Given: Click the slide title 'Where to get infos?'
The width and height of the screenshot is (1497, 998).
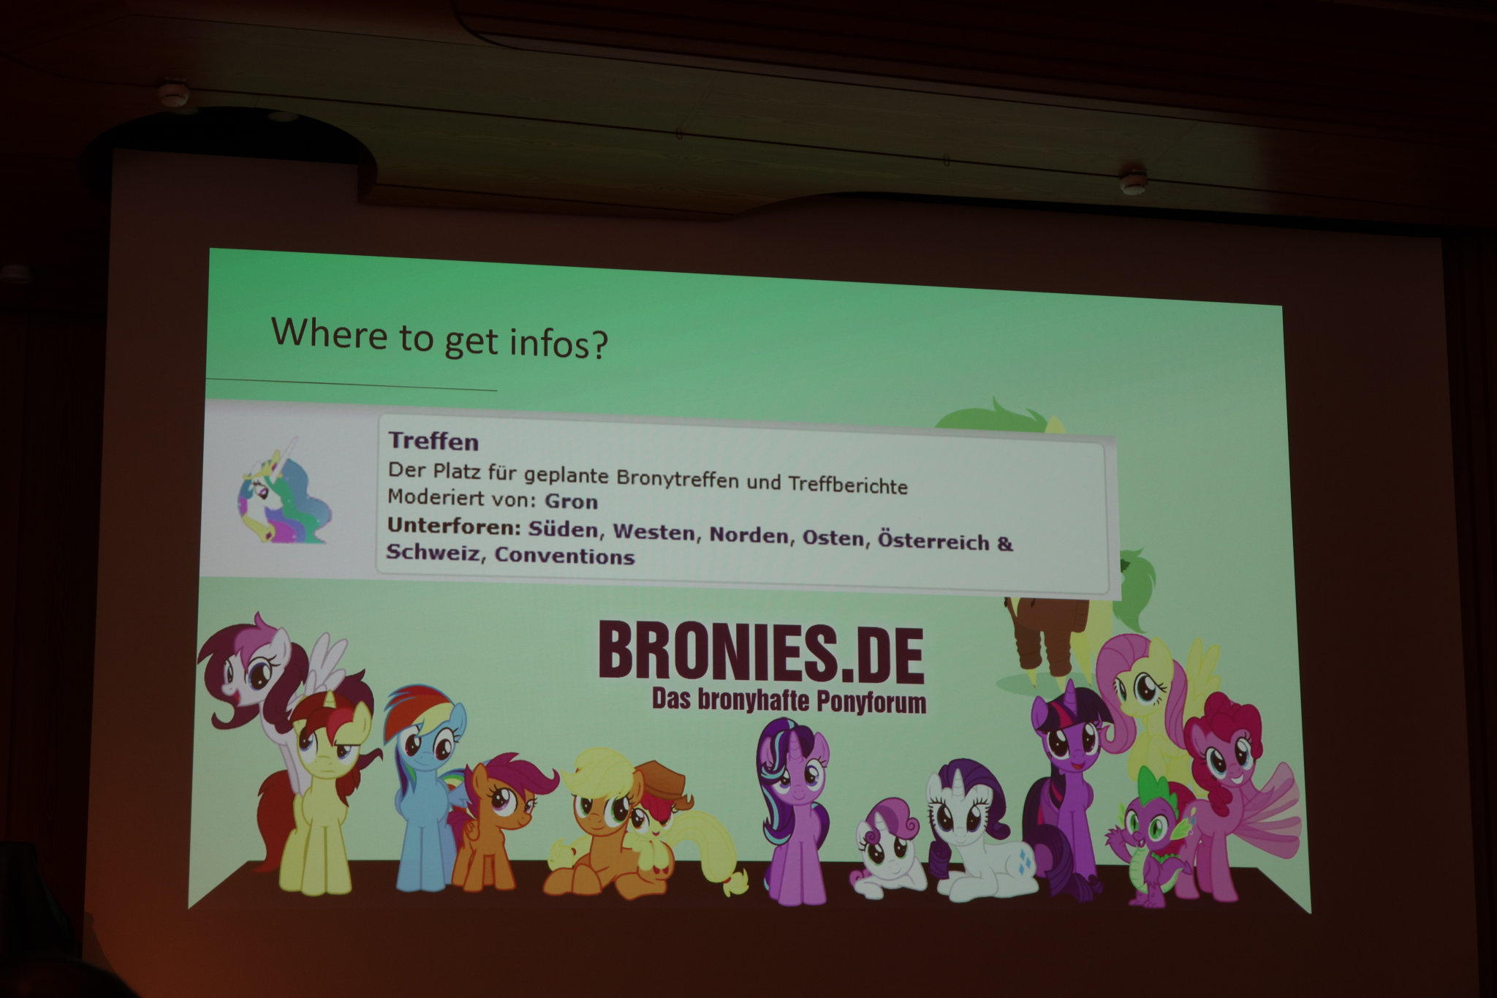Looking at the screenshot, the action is [439, 339].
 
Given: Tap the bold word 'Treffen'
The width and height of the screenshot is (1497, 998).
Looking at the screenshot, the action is [433, 442].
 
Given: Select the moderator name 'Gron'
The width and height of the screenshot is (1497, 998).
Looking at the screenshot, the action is [572, 502].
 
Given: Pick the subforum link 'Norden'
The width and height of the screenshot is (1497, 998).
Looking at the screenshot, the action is [749, 536].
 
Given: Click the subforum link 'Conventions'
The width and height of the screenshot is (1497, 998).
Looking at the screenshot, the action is [564, 556].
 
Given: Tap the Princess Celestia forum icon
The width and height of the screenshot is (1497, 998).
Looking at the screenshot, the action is [283, 489].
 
